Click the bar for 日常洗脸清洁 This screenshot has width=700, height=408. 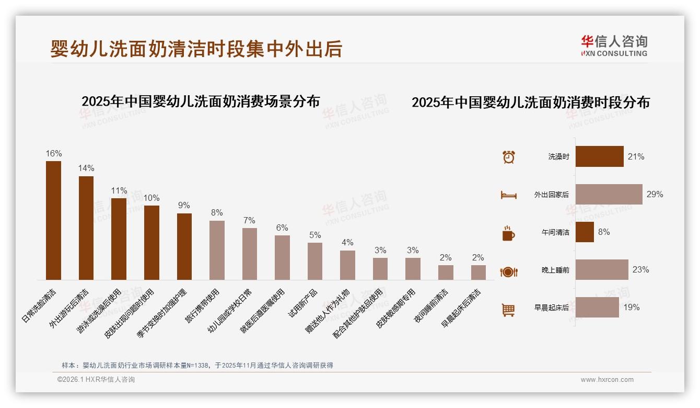point(53,220)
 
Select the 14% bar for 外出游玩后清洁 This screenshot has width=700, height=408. point(86,228)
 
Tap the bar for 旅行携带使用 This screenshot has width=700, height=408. point(217,250)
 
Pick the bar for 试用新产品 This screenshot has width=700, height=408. point(315,261)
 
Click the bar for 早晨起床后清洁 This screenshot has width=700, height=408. point(478,273)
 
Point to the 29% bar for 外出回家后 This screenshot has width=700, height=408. point(609,194)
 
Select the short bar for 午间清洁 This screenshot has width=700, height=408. point(585,232)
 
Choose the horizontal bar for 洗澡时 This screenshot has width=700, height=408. point(599,156)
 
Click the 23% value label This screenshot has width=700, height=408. point(640,270)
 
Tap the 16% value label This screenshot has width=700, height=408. point(53,154)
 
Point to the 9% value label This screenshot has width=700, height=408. point(184,206)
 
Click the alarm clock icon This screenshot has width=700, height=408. point(509,157)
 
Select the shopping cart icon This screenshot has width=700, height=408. point(508,310)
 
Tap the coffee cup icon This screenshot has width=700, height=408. point(508,233)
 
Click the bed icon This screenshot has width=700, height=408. point(508,195)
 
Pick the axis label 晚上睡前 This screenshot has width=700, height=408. point(555,270)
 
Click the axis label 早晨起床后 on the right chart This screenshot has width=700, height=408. point(552,308)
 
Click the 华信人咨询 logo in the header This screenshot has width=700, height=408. point(614,46)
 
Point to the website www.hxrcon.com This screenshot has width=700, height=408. point(607,380)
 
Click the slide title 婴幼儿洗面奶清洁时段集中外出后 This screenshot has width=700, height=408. point(196,48)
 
